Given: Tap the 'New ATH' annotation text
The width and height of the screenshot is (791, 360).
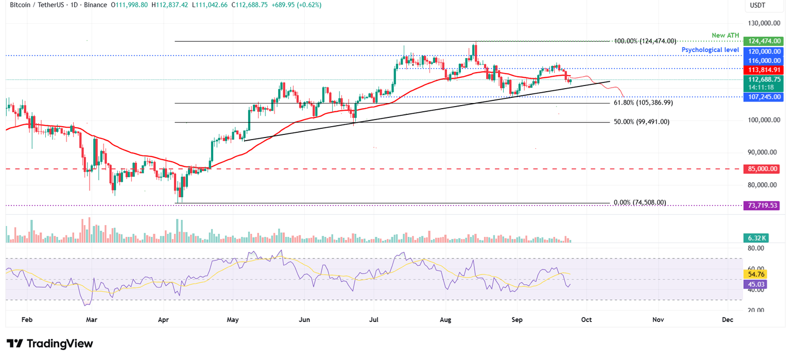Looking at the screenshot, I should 726,35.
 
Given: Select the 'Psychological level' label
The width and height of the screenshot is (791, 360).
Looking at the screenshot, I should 710,50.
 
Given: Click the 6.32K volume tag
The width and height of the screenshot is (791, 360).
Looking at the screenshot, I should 755,238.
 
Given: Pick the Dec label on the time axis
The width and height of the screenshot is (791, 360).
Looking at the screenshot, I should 727,320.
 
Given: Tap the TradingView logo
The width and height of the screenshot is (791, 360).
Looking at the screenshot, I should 49,344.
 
